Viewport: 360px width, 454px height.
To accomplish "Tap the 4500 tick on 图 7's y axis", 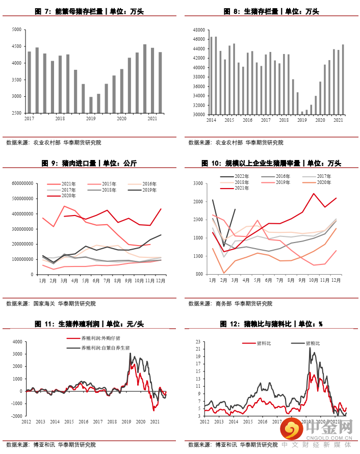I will coord(16,46).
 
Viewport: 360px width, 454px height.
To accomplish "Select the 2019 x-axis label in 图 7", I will coord(91,119).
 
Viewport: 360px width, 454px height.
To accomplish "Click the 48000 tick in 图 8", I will coord(199,30).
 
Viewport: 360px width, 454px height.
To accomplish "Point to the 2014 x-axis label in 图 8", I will coord(211,120).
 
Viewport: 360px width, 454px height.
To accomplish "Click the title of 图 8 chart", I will coord(270,11).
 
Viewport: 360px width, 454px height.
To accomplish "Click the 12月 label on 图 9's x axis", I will coord(160,280).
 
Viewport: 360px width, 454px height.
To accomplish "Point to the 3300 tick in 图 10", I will coord(197,183).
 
